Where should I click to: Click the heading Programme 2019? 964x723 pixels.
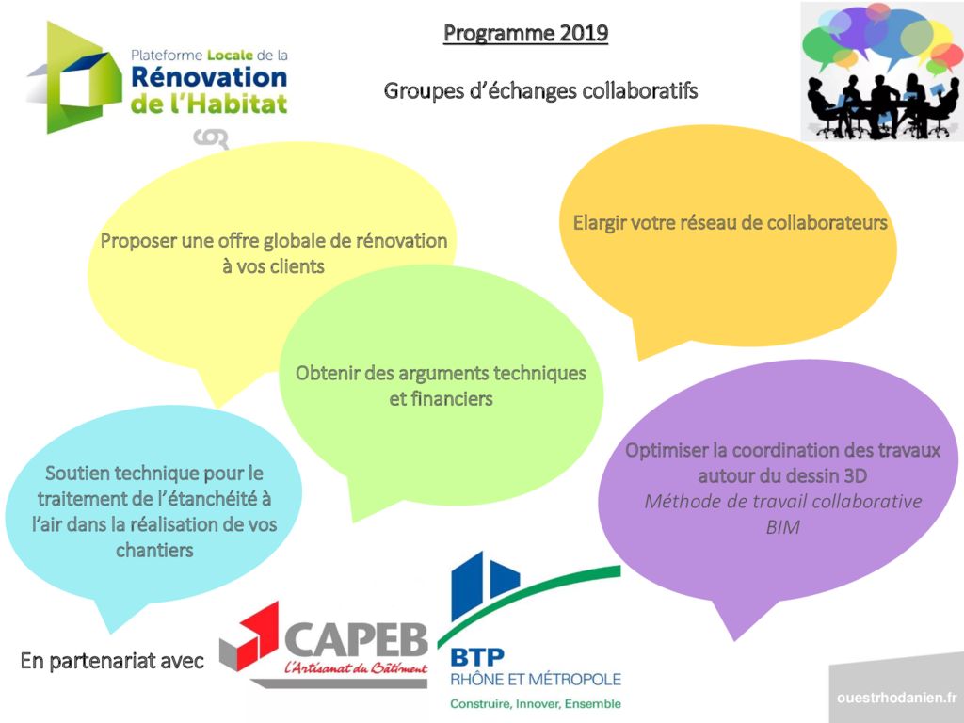click(525, 34)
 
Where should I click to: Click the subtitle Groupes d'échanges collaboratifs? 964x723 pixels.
click(540, 91)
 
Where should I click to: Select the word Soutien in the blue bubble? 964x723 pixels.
click(80, 472)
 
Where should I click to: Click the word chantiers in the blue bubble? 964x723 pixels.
click(154, 550)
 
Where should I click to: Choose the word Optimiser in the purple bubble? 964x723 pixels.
click(665, 450)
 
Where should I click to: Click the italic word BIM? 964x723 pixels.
click(782, 527)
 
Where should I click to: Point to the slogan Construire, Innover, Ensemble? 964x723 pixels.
click(535, 703)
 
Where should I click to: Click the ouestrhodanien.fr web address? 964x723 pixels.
click(896, 698)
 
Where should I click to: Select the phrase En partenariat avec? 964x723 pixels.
click(112, 662)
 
